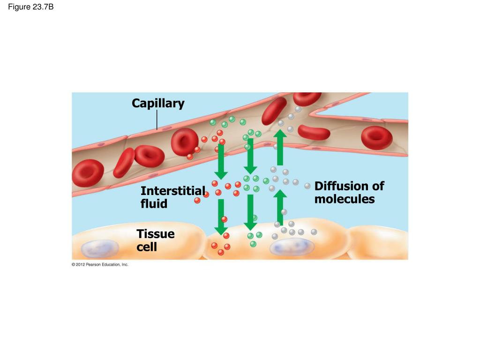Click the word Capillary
pyautogui.click(x=158, y=104)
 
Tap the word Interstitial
pyautogui.click(x=172, y=191)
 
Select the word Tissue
pyautogui.click(x=156, y=234)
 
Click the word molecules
pyautogui.click(x=345, y=199)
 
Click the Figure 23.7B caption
pyautogui.click(x=30, y=7)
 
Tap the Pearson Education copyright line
pyautogui.click(x=100, y=264)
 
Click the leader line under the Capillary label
pyautogui.click(x=157, y=120)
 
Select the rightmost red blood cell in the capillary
pyautogui.click(x=377, y=138)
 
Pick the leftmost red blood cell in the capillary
pyautogui.click(x=88, y=173)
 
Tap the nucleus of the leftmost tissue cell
pyautogui.click(x=100, y=248)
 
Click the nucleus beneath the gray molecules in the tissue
pyautogui.click(x=292, y=247)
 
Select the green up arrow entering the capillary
pyautogui.click(x=280, y=147)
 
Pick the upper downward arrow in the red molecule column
pyautogui.click(x=221, y=162)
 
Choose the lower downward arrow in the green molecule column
pyautogui.click(x=250, y=212)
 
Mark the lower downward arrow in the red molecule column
pyautogui.click(x=221, y=217)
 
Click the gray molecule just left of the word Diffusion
pyautogui.click(x=307, y=186)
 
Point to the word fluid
pyautogui.click(x=154, y=203)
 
